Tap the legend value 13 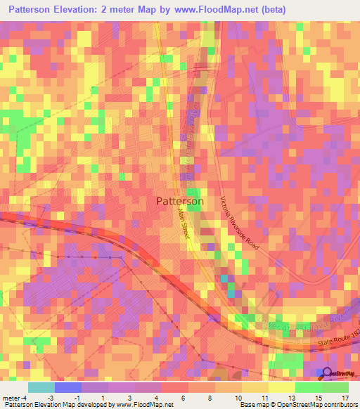300,397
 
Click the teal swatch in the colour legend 41,387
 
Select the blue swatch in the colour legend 67,387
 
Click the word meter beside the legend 10,397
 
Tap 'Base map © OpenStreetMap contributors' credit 297,405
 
